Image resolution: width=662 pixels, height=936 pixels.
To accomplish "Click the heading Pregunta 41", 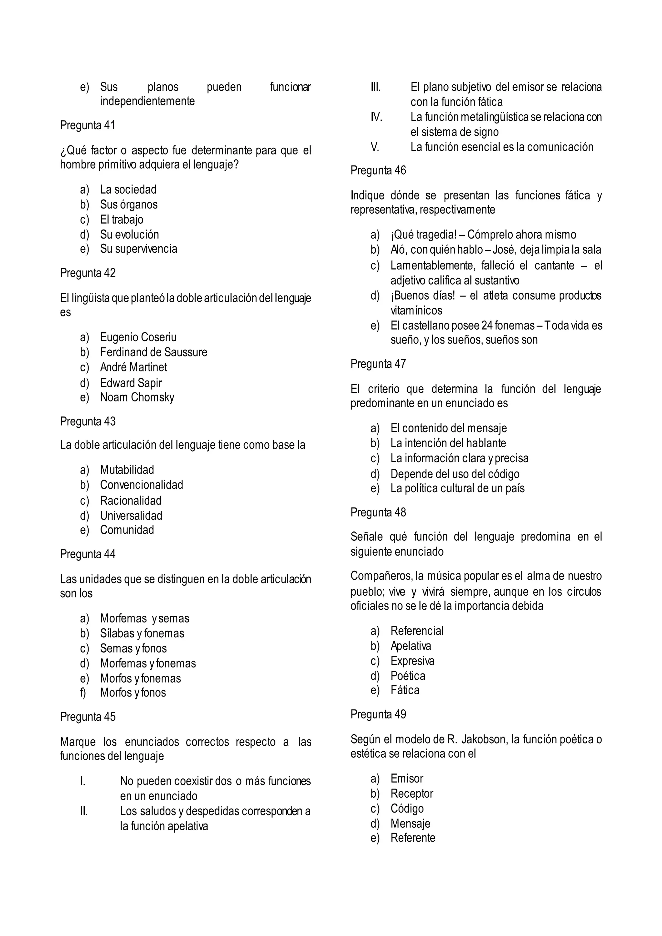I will [88, 125].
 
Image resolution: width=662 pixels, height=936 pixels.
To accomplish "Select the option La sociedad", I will [128, 190].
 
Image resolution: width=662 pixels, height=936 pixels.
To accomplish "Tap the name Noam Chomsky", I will [137, 398].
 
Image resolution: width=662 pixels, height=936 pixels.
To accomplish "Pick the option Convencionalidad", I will [142, 485].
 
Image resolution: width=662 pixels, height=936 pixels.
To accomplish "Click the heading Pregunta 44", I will [88, 554].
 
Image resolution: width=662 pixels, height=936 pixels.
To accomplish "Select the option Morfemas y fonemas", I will [148, 663].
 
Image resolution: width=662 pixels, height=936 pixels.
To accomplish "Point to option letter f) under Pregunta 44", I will [83, 693].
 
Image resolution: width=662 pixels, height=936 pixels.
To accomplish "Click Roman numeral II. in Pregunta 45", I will [84, 811].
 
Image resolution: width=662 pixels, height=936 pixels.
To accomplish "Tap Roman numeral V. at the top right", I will [375, 147].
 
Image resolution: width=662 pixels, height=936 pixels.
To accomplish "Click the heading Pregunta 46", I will [378, 170].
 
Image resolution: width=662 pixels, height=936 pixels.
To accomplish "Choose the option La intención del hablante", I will [448, 443].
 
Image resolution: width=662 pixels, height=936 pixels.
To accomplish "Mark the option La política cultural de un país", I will [457, 488].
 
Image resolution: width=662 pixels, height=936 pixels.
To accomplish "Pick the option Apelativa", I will [411, 646].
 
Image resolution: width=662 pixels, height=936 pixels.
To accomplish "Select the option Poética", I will [408, 676].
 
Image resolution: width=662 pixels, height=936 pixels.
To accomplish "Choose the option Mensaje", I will [410, 824].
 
